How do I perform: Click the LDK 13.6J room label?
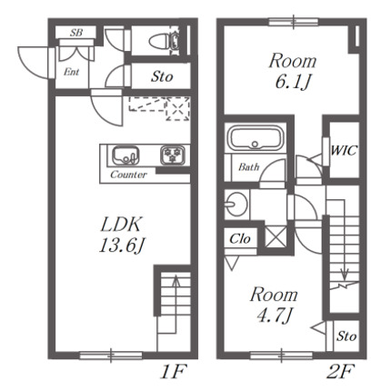(121, 235)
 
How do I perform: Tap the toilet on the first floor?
(164, 41)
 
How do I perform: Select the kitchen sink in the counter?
(125, 155)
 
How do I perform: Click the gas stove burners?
(173, 155)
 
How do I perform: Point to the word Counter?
(128, 175)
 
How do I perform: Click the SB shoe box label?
(76, 33)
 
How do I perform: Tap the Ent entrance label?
(72, 72)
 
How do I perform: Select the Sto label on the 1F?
(162, 76)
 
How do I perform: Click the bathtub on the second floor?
(256, 138)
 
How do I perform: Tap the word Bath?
(248, 166)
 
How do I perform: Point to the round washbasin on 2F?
(236, 204)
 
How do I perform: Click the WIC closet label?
(344, 150)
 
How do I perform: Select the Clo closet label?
(240, 239)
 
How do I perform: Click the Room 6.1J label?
(293, 71)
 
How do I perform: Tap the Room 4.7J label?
(274, 305)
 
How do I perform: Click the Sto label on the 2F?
(346, 336)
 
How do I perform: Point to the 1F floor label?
(173, 372)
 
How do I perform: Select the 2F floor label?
(340, 372)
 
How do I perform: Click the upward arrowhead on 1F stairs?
(175, 280)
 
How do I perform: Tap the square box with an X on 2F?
(276, 236)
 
